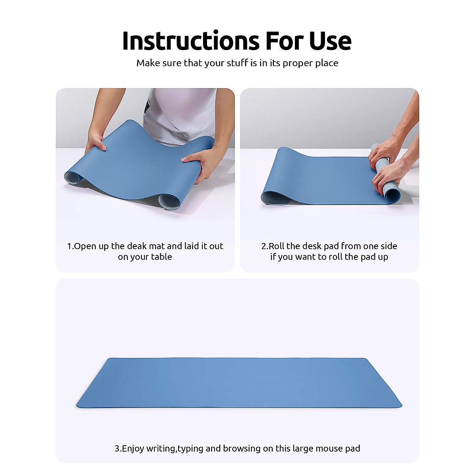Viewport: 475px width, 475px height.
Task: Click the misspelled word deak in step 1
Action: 137,246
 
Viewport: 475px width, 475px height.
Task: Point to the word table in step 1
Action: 161,257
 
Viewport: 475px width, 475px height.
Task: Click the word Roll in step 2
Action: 277,246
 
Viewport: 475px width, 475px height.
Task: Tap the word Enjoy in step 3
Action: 133,448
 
